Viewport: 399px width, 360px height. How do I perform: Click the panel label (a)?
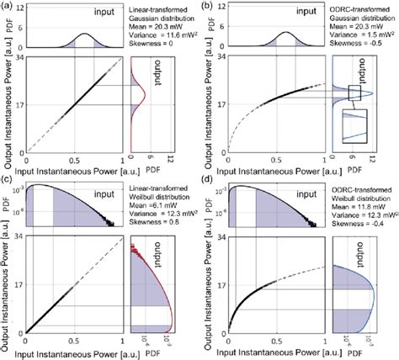pyautogui.click(x=9, y=8)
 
